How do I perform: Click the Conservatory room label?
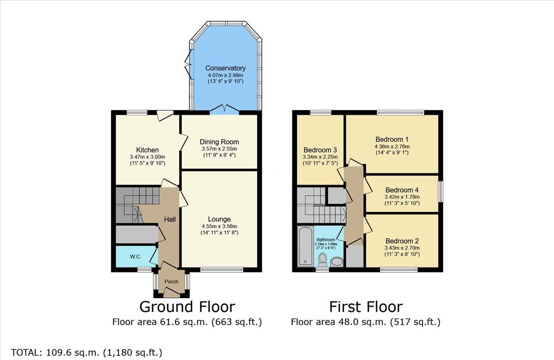click(x=225, y=68)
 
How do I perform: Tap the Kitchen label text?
click(x=148, y=150)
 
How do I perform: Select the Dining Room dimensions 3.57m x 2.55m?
click(x=219, y=149)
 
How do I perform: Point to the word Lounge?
click(x=219, y=219)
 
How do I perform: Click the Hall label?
click(x=170, y=219)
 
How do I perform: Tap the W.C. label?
click(x=135, y=257)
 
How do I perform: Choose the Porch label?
click(x=171, y=282)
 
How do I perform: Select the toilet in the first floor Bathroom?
click(x=322, y=260)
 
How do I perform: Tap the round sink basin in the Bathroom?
click(x=337, y=262)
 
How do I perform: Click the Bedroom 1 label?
click(x=392, y=139)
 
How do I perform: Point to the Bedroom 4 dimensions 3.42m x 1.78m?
click(x=402, y=197)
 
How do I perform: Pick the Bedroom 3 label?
click(x=320, y=150)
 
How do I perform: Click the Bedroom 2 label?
click(x=402, y=241)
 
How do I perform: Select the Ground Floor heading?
click(x=187, y=307)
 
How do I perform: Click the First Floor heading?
click(x=366, y=307)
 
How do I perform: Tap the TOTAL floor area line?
click(x=87, y=352)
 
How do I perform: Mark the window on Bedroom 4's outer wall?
click(x=441, y=192)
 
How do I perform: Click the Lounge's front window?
click(x=222, y=270)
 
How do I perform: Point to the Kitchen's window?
click(x=137, y=112)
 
